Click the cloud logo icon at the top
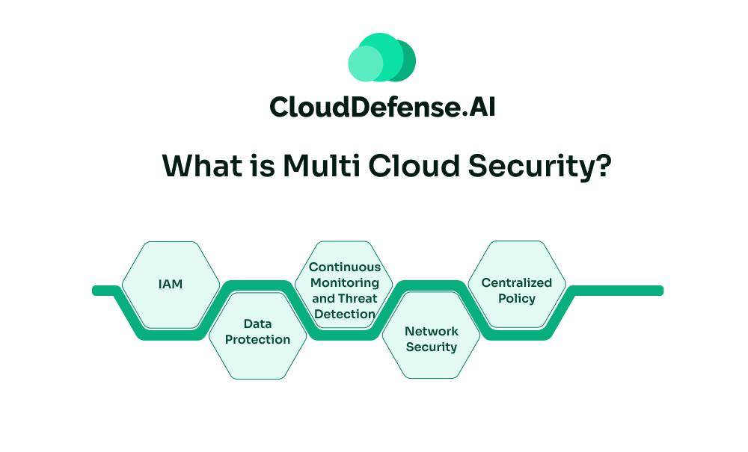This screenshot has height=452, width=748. pos(381,58)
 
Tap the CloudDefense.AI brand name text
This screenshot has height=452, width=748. pos(381,107)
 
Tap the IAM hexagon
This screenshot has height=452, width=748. pos(171,285)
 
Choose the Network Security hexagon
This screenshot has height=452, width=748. pos(431,338)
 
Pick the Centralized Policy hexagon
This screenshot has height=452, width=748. pos(517,290)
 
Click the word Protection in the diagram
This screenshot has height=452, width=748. pos(257,340)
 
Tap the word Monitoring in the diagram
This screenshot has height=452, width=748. pos(345,283)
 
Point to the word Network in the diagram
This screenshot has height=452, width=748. pos(432,331)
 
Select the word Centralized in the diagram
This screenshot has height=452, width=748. pos(517,282)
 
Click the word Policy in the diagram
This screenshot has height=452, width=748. pos(517,298)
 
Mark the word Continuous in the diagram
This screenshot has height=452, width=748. pos(345,267)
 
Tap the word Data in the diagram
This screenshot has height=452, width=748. pos(257,324)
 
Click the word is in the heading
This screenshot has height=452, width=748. pos(257,165)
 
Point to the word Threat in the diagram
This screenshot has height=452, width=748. pos(358,299)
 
